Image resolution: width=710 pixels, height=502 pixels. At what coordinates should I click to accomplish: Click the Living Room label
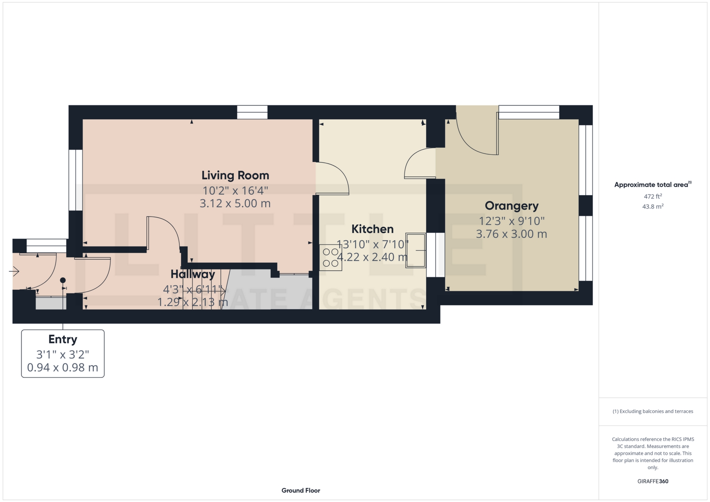click(x=235, y=175)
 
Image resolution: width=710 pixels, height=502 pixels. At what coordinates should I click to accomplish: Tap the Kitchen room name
click(x=372, y=229)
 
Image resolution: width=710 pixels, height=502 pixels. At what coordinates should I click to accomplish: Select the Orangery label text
click(x=511, y=206)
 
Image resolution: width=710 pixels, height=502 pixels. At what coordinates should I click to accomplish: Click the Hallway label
click(x=193, y=274)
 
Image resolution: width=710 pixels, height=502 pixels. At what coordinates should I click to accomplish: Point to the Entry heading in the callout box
click(x=63, y=339)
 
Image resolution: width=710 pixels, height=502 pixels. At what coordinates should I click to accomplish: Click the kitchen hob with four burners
click(x=331, y=258)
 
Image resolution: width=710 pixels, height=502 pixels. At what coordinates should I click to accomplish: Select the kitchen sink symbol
click(x=416, y=250)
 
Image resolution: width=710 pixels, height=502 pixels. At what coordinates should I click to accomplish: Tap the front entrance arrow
click(x=14, y=272)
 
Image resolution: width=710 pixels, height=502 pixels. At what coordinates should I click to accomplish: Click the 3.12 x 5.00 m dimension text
click(x=235, y=203)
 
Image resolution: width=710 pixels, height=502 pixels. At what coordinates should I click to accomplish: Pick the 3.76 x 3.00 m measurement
click(x=511, y=234)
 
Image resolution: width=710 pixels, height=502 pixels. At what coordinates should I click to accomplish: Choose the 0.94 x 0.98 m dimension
click(x=62, y=367)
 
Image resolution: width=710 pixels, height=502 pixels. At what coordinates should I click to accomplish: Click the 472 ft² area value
click(x=653, y=196)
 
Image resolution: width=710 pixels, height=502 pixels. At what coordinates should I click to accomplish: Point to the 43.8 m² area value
click(x=653, y=206)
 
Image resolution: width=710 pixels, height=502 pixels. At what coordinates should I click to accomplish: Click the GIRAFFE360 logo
click(x=653, y=481)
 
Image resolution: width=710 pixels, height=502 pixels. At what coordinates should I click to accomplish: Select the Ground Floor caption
click(x=301, y=491)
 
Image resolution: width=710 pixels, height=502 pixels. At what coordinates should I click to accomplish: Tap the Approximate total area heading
click(x=653, y=184)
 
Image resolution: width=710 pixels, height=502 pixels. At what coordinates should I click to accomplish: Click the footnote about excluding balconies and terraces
click(x=653, y=411)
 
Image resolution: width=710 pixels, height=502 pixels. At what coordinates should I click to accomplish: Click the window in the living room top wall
click(x=252, y=112)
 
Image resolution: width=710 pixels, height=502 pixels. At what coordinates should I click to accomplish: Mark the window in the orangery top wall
click(x=529, y=112)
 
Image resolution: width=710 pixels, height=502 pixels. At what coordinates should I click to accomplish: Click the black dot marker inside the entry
click(x=63, y=280)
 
